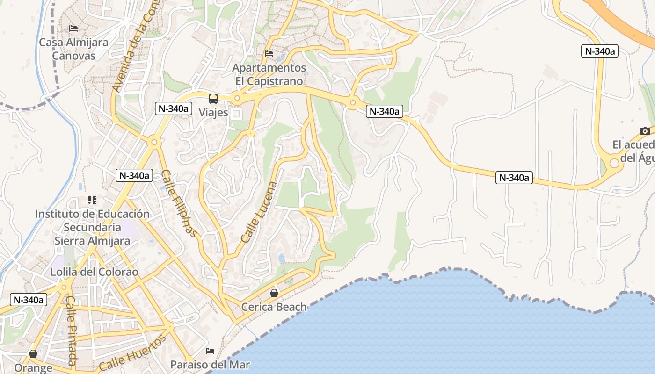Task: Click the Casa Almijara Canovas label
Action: [x=73, y=49]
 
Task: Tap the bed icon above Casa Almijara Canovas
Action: [x=73, y=29]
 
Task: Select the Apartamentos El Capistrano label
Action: [x=269, y=74]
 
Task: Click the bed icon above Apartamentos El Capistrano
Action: [x=269, y=54]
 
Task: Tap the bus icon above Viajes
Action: [x=213, y=99]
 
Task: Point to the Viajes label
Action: [x=213, y=113]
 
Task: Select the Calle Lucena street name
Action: [x=259, y=212]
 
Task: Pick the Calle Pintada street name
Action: [x=71, y=331]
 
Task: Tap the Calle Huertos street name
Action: [x=133, y=353]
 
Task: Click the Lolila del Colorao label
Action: [x=95, y=272]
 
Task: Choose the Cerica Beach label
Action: [x=274, y=307]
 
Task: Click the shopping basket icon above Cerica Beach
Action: [x=274, y=293]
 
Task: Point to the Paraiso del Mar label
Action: [x=210, y=365]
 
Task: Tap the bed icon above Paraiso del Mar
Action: [x=210, y=351]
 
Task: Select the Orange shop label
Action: [x=33, y=368]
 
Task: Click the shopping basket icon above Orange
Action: [x=33, y=354]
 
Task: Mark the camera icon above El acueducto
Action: [x=645, y=131]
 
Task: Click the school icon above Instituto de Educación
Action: [x=92, y=200]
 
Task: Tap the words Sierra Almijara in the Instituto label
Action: [x=92, y=241]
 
